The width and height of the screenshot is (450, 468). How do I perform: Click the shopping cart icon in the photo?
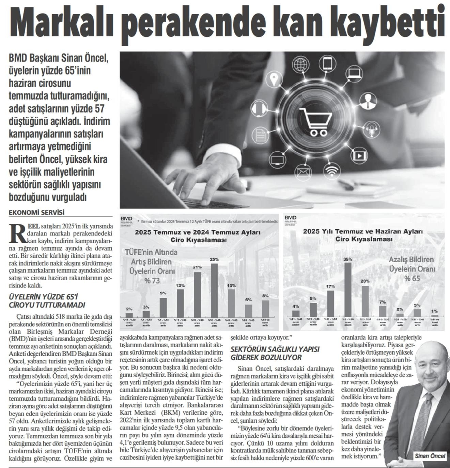tap(315, 121)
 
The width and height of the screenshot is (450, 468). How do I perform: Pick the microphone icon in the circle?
tap(371, 130)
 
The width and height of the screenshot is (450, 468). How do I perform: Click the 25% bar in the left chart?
tap(214, 290)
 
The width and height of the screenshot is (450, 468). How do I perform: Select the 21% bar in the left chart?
tap(197, 294)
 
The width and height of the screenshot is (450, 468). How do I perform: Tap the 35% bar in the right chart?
tap(348, 289)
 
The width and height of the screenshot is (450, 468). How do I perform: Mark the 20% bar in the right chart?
tap(365, 301)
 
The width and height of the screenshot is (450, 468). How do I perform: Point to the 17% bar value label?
tap(330, 286)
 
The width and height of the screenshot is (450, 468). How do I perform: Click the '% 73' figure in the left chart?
tap(152, 281)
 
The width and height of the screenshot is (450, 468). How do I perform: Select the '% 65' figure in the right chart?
tap(412, 279)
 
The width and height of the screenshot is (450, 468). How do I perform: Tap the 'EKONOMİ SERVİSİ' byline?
tap(36, 213)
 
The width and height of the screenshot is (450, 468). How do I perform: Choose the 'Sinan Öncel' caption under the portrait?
tap(430, 456)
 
